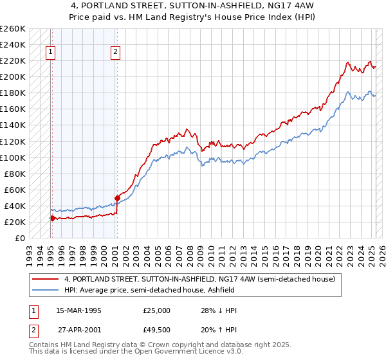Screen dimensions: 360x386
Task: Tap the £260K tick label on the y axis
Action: pos(14,29)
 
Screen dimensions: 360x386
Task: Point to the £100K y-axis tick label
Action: pos(14,157)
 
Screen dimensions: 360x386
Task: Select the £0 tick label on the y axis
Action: pos(21,238)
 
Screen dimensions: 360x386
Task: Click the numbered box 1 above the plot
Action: pos(51,53)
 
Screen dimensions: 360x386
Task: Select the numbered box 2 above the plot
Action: pos(115,53)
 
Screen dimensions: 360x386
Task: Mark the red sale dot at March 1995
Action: pos(51,218)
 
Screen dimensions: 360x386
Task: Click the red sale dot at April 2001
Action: pos(117,198)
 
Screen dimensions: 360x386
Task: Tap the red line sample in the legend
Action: pos(46,280)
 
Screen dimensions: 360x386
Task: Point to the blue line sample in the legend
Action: pos(46,291)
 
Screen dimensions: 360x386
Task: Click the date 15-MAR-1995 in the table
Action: pos(79,310)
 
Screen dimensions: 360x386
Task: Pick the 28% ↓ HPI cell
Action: pos(219,310)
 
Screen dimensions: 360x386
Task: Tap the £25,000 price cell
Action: pos(156,310)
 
